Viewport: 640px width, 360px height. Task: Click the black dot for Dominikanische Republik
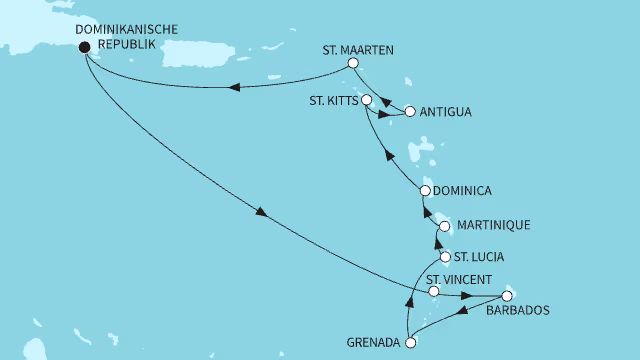tap(83, 45)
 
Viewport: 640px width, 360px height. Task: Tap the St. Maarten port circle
tap(352, 63)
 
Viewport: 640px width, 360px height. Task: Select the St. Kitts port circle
tap(367, 100)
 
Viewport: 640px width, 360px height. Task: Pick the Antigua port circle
tap(409, 110)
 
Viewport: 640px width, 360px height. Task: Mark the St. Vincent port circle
tap(433, 293)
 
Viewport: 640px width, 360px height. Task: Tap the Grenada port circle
tap(409, 343)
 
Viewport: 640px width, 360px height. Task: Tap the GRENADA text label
tap(367, 343)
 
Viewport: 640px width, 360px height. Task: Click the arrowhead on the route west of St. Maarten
tap(234, 87)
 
